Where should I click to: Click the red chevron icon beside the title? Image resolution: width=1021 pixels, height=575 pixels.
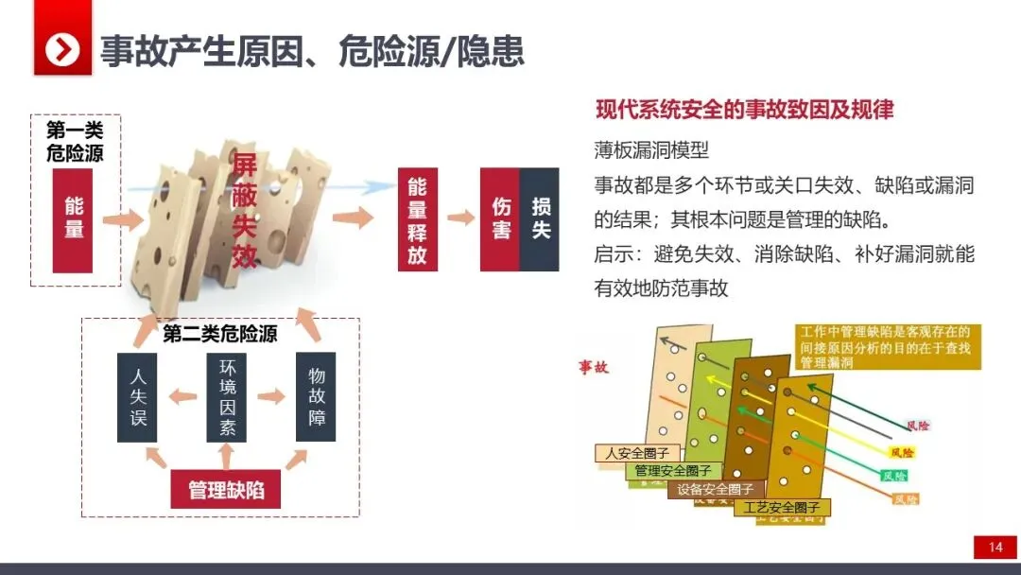[63, 49]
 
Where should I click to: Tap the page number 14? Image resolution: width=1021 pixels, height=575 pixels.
[995, 547]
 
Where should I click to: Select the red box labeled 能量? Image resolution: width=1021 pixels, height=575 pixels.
[74, 218]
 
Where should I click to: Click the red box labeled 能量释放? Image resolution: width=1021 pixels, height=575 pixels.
[417, 219]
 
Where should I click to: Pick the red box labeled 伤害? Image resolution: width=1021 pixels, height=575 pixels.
[500, 219]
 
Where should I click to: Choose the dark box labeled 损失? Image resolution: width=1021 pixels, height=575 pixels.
[540, 219]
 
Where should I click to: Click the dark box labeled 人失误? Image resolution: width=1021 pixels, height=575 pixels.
[138, 397]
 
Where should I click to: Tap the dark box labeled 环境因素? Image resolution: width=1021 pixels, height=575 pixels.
[227, 397]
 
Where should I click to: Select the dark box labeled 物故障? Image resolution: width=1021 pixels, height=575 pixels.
[316, 397]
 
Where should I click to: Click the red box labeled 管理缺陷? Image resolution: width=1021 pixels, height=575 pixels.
[225, 490]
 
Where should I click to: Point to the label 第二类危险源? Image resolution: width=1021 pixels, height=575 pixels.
[220, 334]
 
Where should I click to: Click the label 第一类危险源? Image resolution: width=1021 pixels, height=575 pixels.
[75, 142]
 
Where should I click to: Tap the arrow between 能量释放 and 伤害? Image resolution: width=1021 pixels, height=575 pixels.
[460, 218]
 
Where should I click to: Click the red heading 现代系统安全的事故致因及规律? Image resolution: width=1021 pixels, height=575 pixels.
[744, 109]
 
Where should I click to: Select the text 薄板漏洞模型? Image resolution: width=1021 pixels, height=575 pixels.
[651, 149]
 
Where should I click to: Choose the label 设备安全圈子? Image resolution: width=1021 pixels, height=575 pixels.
[715, 489]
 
